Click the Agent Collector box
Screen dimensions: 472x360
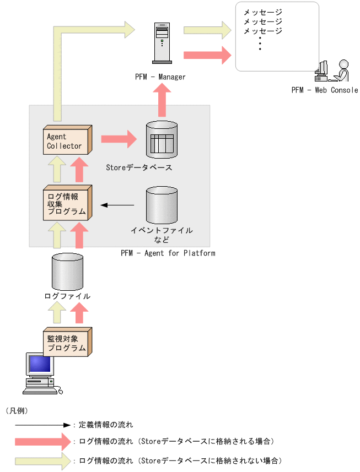click(x=67, y=141)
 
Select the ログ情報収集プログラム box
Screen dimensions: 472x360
click(x=67, y=204)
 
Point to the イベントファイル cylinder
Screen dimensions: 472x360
click(x=162, y=205)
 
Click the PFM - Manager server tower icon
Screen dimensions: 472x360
click(x=162, y=42)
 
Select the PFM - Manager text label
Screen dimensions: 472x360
click(x=160, y=77)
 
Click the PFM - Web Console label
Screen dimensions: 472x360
click(x=325, y=90)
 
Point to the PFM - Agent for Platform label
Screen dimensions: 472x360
click(x=168, y=253)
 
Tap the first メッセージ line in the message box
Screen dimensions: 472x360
click(x=263, y=13)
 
